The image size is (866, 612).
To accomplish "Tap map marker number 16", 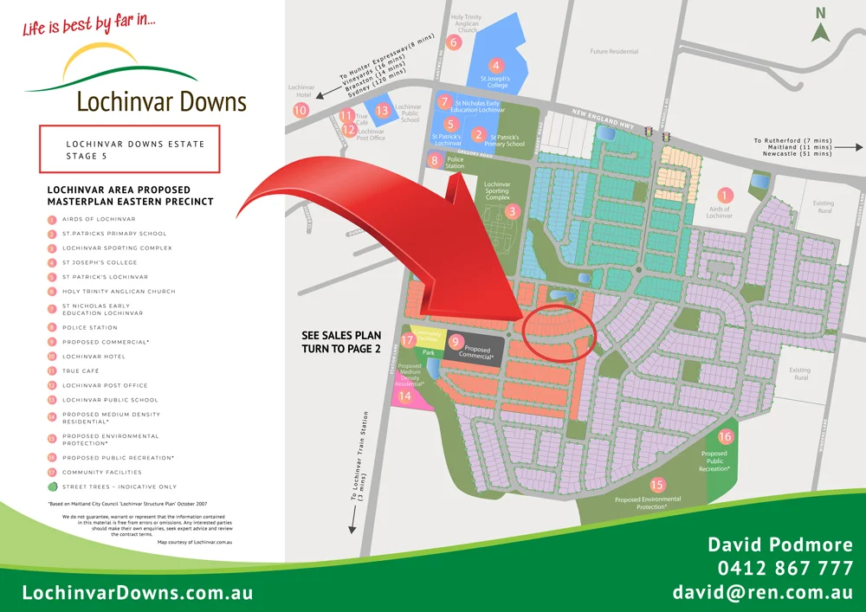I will (726, 436).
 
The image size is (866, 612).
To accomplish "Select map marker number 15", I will (657, 485).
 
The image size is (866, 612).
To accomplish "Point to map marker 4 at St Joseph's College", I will (496, 65).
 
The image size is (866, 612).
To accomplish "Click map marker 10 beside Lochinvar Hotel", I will (301, 110).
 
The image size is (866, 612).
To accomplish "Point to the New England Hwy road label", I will (603, 121).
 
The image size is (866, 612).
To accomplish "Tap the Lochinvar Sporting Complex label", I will (497, 190).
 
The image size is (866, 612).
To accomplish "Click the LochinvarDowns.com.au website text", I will (138, 593).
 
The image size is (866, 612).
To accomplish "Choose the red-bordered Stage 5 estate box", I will (130, 150).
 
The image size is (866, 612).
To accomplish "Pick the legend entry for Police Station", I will (90, 327).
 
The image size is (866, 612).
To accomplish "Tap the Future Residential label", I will (613, 51).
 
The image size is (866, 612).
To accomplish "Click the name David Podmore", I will (780, 544).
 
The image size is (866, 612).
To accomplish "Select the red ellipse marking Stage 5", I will (560, 331).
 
